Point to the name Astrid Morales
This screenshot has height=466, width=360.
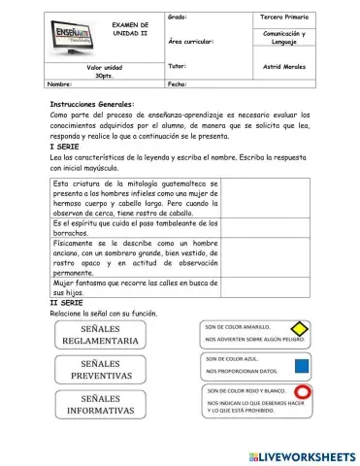(284, 67)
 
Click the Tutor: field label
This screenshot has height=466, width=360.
(177, 67)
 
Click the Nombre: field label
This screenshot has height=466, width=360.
(60, 84)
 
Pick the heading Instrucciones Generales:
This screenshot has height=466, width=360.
(92, 104)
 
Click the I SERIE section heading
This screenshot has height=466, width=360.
(65, 146)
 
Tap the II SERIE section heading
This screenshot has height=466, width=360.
(67, 303)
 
